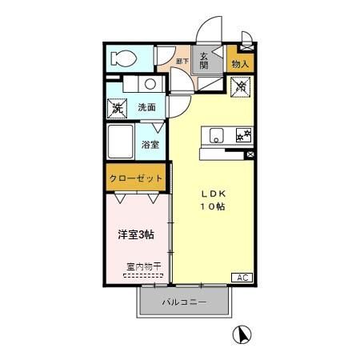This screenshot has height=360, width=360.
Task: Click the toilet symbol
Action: pyautogui.click(x=124, y=58)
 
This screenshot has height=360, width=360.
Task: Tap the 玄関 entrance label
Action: pyautogui.click(x=204, y=60)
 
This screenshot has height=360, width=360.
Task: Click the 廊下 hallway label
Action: pyautogui.click(x=182, y=61)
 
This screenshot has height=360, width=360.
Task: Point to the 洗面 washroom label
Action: pyautogui.click(x=146, y=107)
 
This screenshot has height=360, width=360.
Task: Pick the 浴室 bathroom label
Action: pyautogui.click(x=150, y=145)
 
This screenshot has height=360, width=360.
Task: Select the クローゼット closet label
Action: pyautogui.click(x=136, y=178)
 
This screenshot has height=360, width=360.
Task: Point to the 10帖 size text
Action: pyautogui.click(x=212, y=206)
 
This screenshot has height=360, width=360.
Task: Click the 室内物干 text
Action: pyautogui.click(x=142, y=266)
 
